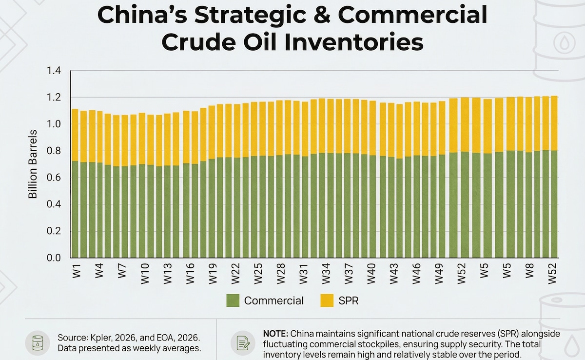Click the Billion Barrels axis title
[33, 164]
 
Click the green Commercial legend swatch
[233, 300]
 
